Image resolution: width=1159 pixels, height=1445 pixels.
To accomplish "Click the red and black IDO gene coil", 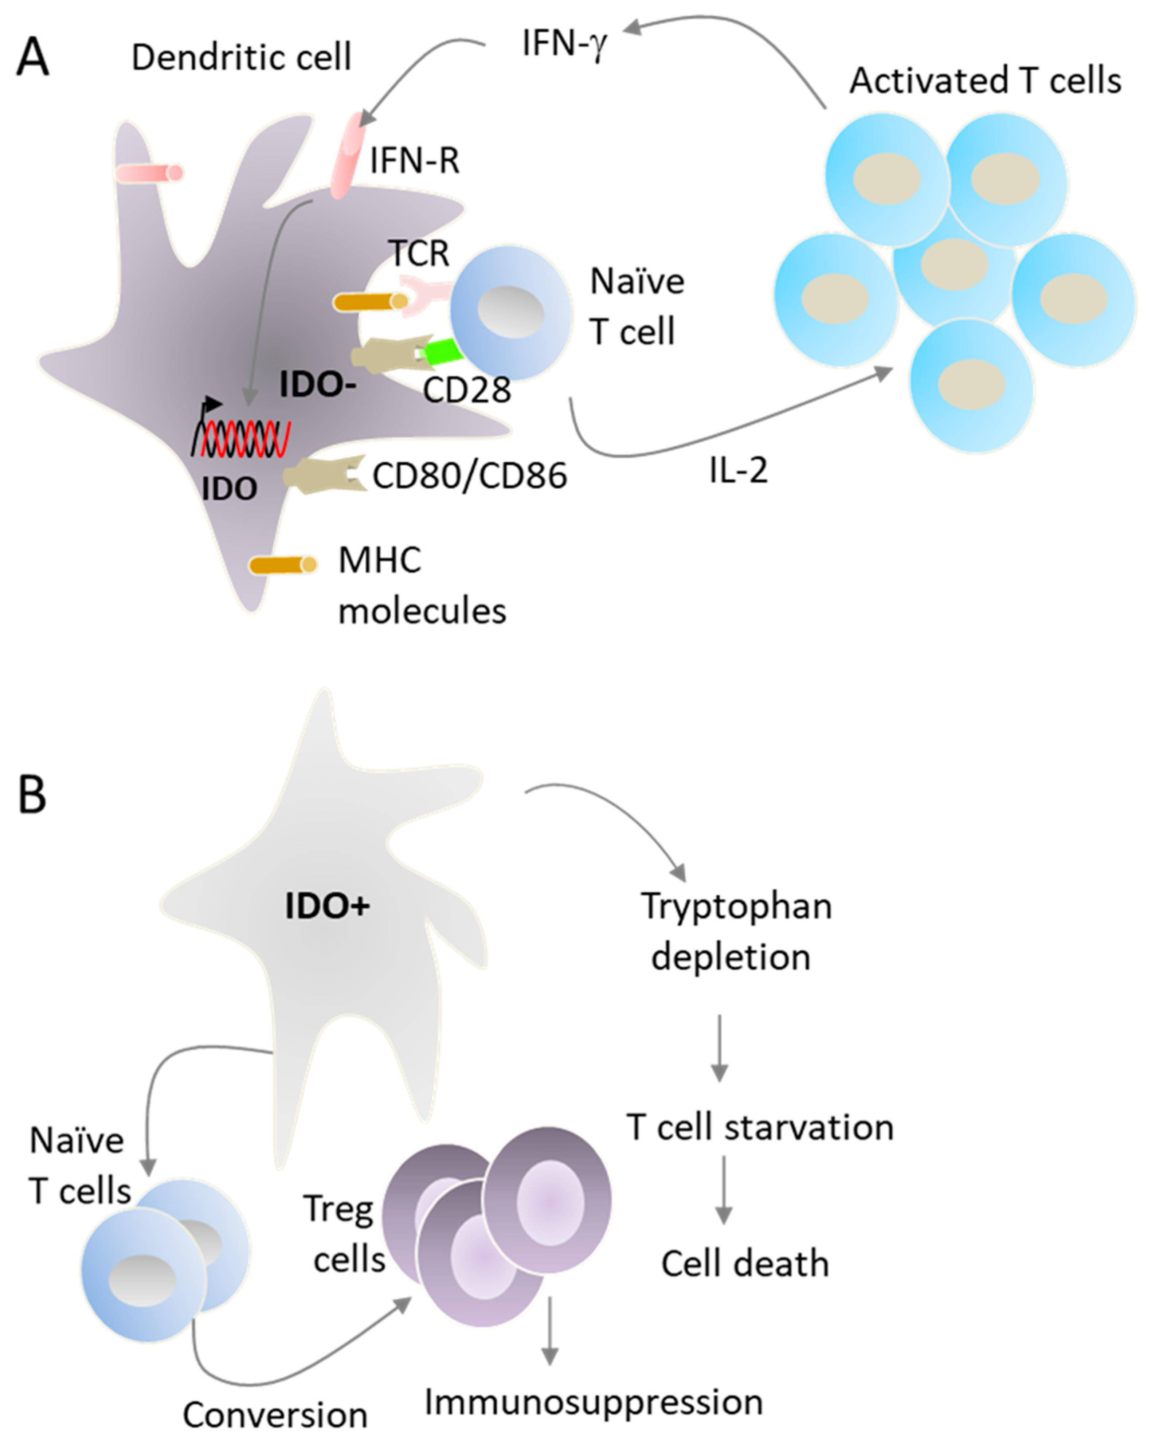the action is tap(241, 437).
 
